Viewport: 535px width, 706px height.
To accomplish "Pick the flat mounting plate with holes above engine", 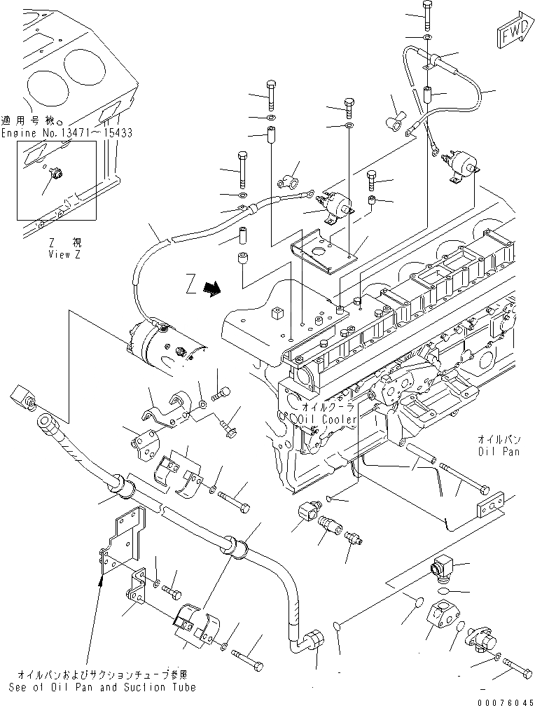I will [x=324, y=251].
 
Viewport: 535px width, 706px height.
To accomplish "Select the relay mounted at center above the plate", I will [x=335, y=205].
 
